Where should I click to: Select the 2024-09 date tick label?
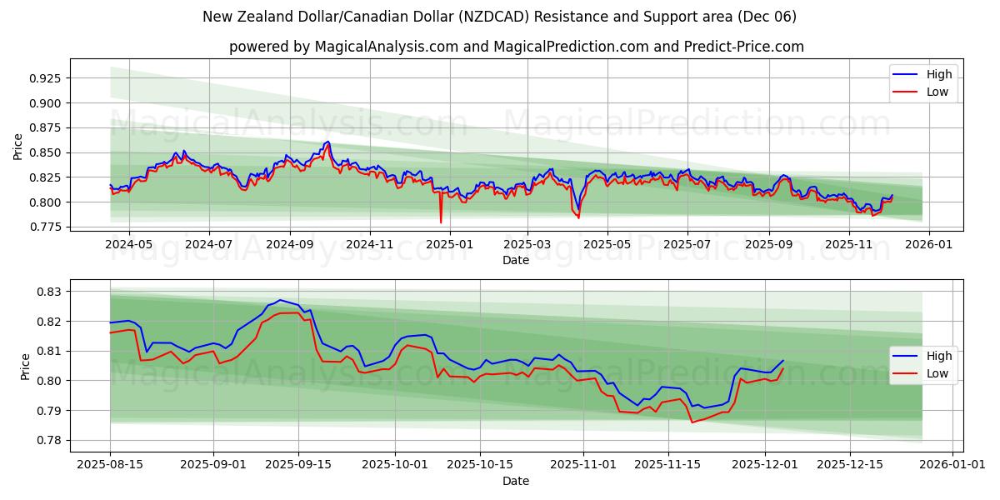[290, 244]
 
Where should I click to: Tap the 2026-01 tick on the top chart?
[928, 244]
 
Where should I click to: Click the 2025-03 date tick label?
[527, 244]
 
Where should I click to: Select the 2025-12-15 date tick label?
[849, 465]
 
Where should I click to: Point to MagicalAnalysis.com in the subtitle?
[386, 47]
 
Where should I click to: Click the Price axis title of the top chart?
[18, 147]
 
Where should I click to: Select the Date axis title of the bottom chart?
[515, 481]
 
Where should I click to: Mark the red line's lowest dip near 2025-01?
[441, 222]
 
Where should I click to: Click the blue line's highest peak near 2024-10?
[327, 142]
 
